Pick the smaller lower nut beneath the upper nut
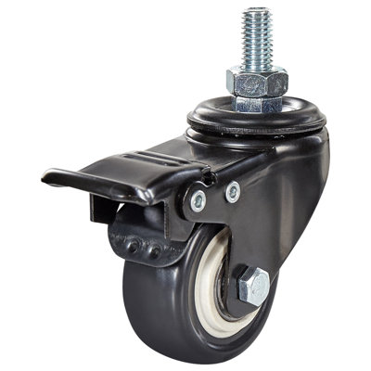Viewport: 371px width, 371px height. [256, 103]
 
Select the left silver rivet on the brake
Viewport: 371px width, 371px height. [198, 198]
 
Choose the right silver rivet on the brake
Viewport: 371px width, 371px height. [232, 191]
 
